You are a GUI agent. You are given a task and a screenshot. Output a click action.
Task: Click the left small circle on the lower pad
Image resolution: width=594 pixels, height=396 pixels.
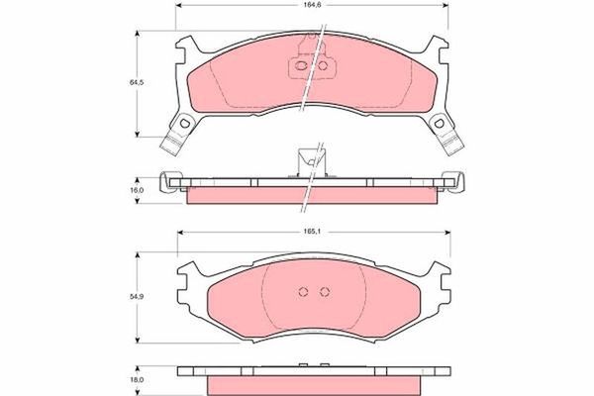tap(305, 291)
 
